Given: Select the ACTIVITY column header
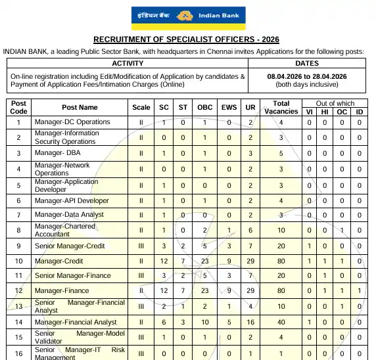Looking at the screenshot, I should click(128, 64).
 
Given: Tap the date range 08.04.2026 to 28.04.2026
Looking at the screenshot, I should click(307, 76).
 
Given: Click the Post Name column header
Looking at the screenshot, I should click(80, 107).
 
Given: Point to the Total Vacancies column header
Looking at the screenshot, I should click(281, 107).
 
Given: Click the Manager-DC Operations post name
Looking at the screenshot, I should click(72, 122).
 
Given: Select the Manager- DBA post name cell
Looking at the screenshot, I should click(58, 153).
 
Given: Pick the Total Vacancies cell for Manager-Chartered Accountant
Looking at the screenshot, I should click(281, 231).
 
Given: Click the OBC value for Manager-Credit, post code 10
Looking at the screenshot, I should click(205, 261).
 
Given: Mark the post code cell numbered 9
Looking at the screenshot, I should click(19, 246).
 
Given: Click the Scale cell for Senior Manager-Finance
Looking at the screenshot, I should click(141, 276).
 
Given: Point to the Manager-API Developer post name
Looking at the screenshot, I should click(72, 201).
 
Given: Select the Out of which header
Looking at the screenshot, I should click(335, 103).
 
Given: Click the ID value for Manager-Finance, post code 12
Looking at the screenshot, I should click(359, 291).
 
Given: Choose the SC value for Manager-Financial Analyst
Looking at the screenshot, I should click(164, 323).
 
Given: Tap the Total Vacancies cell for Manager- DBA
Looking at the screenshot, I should click(281, 153).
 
